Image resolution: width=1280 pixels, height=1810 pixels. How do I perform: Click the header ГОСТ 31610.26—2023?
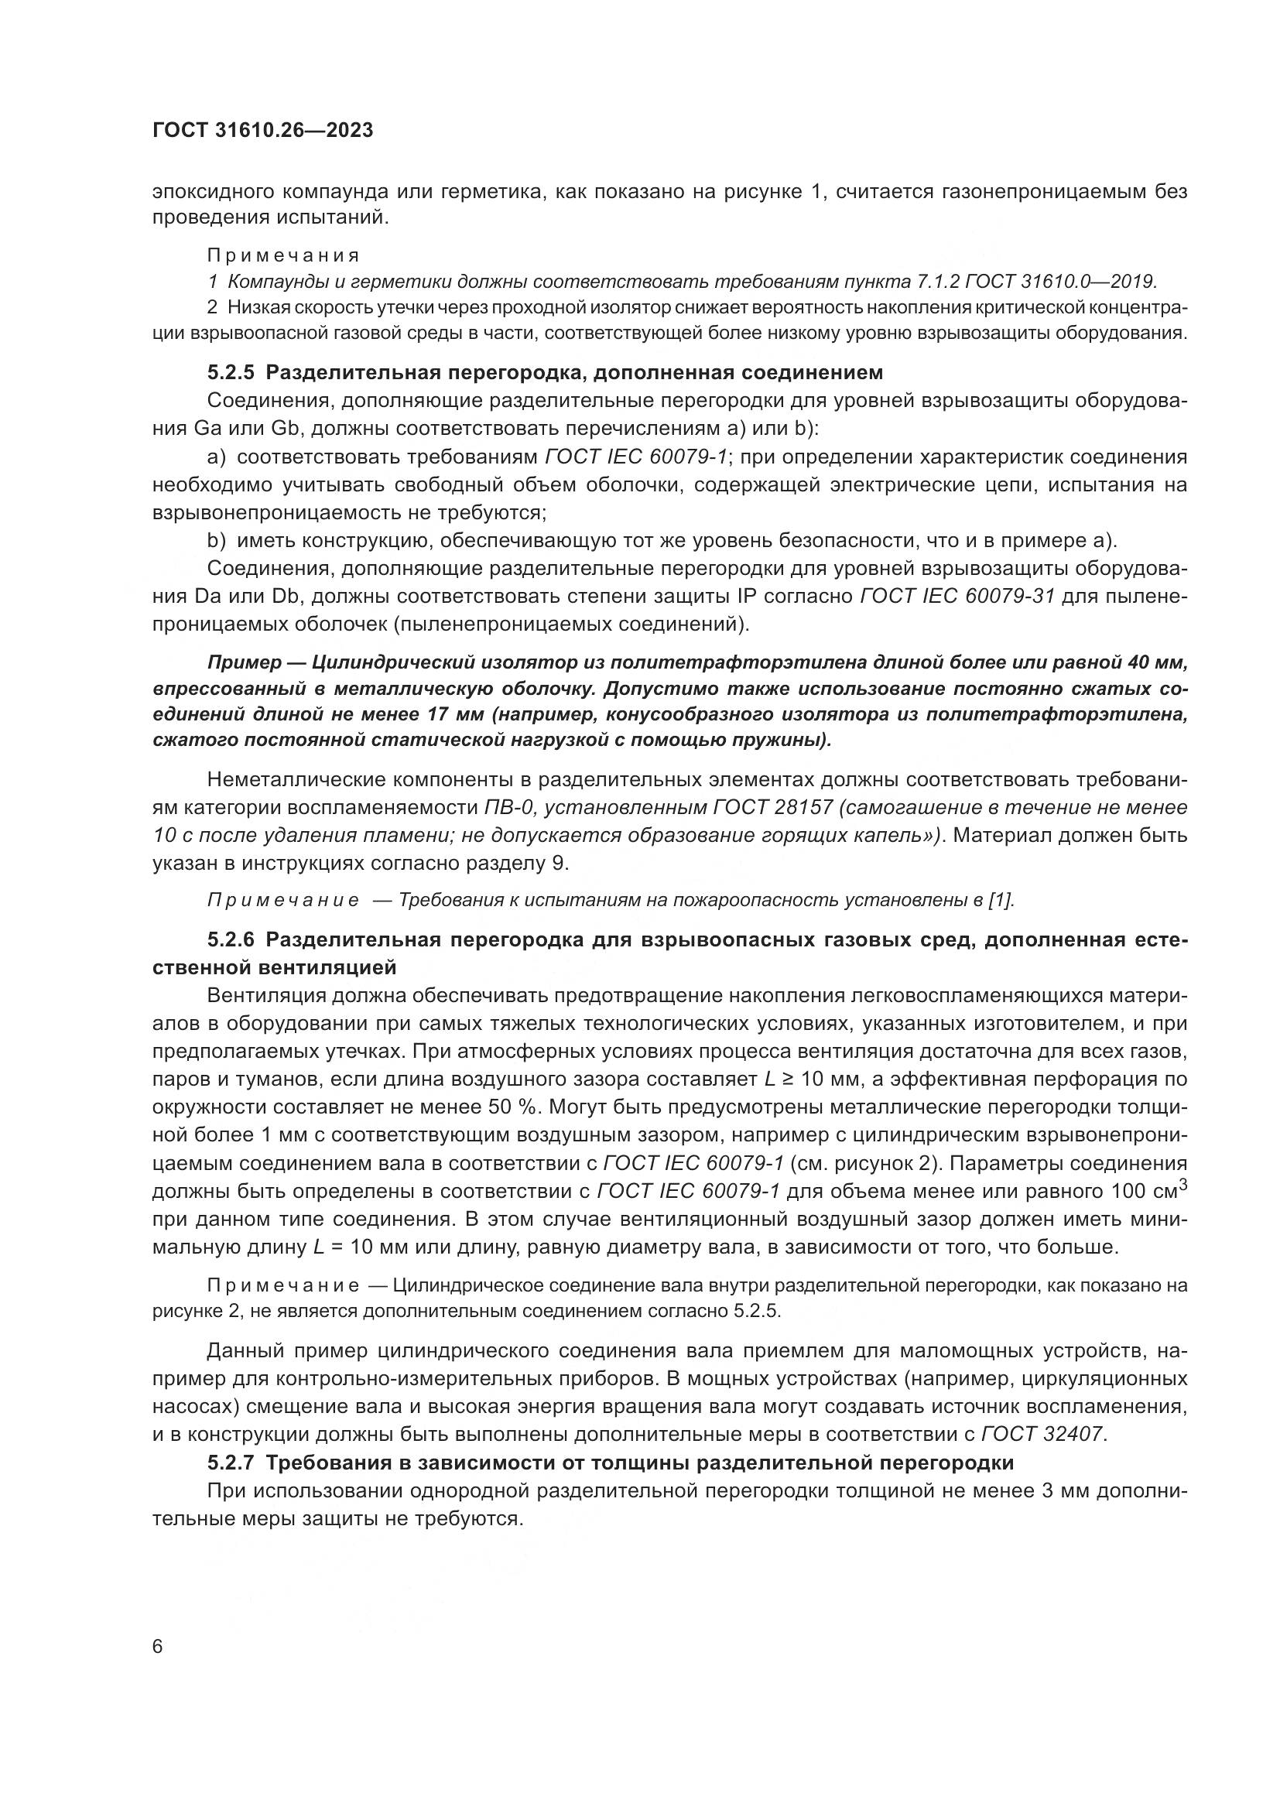click(x=262, y=131)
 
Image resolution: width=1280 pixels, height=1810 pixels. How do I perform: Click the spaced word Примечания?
click(x=283, y=255)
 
